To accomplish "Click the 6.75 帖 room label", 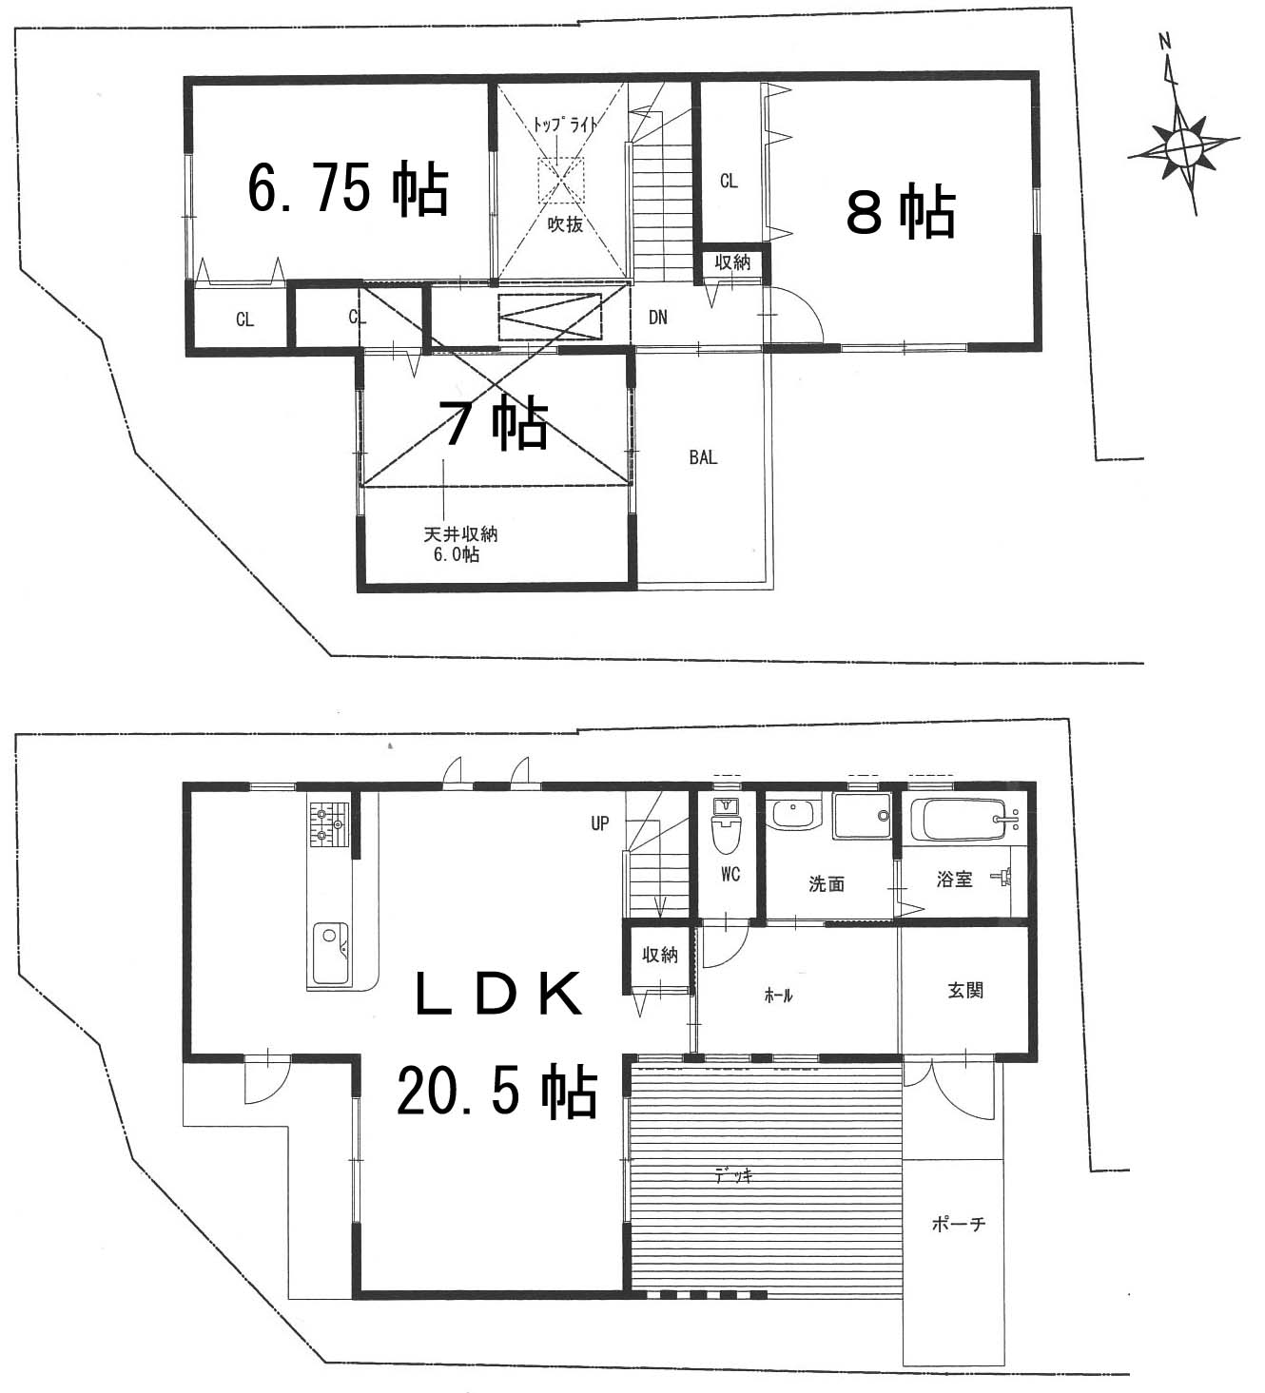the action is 348,189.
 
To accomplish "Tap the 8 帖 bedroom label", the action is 901,212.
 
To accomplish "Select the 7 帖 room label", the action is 496,423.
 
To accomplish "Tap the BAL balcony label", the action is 703,457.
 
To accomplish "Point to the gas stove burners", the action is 328,824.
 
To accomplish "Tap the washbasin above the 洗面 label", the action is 792,815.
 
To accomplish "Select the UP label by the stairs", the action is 599,823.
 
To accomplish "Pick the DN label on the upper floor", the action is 658,318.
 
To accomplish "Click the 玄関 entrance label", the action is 965,991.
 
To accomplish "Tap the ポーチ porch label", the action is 959,1225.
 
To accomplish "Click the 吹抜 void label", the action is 565,224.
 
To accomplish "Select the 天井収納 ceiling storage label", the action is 460,534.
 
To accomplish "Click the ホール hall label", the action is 778,996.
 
